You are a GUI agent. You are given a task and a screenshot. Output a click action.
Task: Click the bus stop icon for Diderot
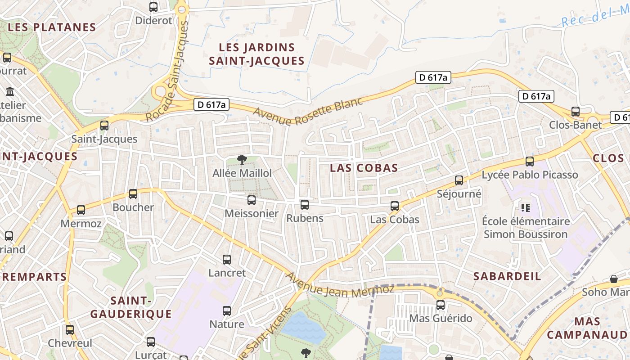pyautogui.click(x=153, y=7)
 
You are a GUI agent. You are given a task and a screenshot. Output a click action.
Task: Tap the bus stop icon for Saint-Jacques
pyautogui.click(x=104, y=126)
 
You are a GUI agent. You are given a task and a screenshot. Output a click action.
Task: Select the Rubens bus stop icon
pyautogui.click(x=305, y=205)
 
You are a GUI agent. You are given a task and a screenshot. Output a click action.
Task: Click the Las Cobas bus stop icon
pyautogui.click(x=395, y=206)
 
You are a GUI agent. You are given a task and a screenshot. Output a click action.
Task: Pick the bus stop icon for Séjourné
pyautogui.click(x=459, y=180)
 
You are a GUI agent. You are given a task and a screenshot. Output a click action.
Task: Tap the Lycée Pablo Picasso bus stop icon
pyautogui.click(x=530, y=161)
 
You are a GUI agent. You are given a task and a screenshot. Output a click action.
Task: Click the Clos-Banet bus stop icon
pyautogui.click(x=576, y=111)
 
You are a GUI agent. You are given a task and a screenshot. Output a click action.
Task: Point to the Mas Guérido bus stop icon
pyautogui.click(x=441, y=305)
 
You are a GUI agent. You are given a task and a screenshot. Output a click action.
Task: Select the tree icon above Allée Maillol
pyautogui.click(x=242, y=159)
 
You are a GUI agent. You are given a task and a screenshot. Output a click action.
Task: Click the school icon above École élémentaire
pyautogui.click(x=525, y=207)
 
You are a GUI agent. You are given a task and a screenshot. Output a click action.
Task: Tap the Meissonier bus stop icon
pyautogui.click(x=252, y=200)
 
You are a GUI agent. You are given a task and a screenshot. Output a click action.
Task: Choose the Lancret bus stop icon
pyautogui.click(x=227, y=260)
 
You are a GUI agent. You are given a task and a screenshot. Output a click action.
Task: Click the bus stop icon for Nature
pyautogui.click(x=227, y=311)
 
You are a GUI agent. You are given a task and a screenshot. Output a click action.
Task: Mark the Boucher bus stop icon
pyautogui.click(x=133, y=194)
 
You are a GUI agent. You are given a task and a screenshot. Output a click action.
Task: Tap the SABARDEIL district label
pyautogui.click(x=507, y=276)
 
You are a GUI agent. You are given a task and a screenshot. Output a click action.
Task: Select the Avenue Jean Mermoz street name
pyautogui.click(x=340, y=286)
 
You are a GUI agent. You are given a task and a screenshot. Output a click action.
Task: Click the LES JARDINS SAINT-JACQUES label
pyautogui.click(x=257, y=54)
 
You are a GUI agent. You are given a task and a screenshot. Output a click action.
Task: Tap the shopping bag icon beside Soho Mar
pyautogui.click(x=613, y=279)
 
